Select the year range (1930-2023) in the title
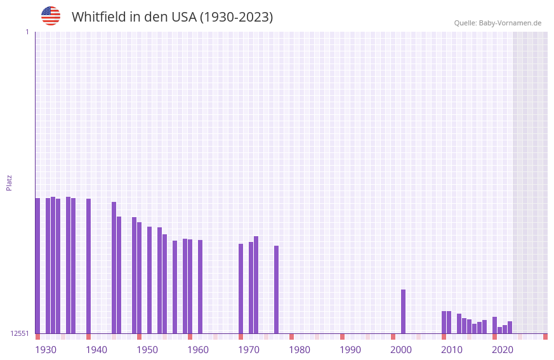(236, 17)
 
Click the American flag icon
(51, 16)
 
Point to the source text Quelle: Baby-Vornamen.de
(498, 23)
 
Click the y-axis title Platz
(9, 182)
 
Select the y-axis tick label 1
(27, 32)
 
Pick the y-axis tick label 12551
(20, 333)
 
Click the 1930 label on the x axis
(46, 350)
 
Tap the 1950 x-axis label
(147, 350)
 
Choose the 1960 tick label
(198, 350)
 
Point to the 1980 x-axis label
(300, 350)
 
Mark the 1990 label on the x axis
(350, 350)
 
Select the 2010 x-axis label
(452, 350)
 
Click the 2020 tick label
(503, 350)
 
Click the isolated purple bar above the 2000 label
(403, 311)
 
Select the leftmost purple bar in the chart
(37, 265)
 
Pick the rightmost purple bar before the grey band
(510, 327)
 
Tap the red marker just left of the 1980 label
(291, 337)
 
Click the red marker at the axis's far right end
(545, 337)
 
